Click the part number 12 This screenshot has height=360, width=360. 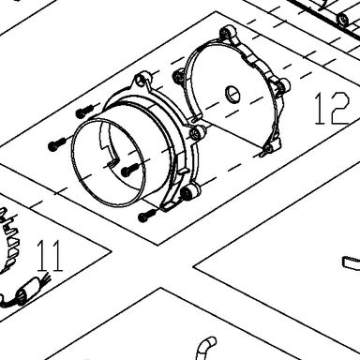tap(331, 108)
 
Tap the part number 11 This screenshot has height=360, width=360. tap(50, 256)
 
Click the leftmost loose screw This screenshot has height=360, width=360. tap(56, 144)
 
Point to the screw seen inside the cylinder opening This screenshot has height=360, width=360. tap(128, 169)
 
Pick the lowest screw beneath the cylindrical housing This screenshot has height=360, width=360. tap(146, 215)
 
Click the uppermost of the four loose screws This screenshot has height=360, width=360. tap(83, 112)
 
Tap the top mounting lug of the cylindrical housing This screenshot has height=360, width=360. tap(142, 80)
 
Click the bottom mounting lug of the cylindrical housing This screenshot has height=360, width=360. tap(189, 191)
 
